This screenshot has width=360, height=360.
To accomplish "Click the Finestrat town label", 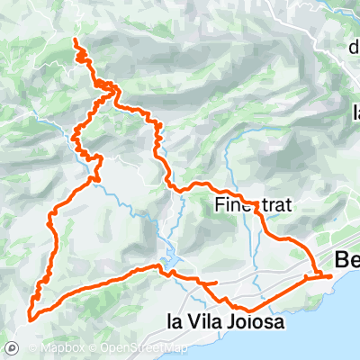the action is pos(253,205).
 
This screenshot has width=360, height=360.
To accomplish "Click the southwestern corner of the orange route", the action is pos(31,317).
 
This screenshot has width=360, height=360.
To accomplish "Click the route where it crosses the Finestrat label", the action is pos(257,205).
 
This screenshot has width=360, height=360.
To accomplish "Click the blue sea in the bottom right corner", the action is pos(333,333).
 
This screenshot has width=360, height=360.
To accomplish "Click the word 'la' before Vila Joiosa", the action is pos(177,321).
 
